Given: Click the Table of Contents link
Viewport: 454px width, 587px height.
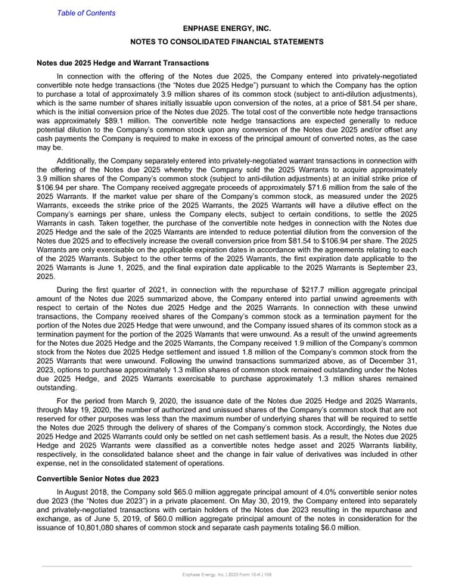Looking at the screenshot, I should click(x=86, y=13).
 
